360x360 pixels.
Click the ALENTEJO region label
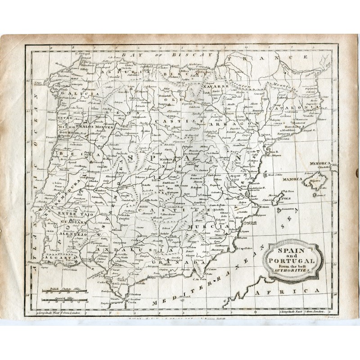click(x=71, y=234)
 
